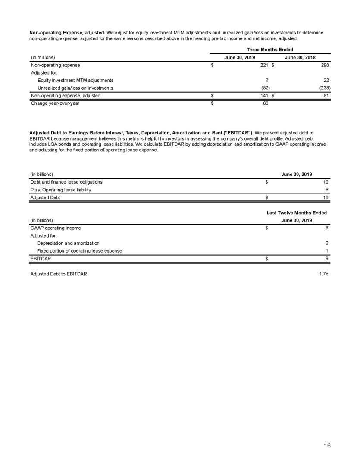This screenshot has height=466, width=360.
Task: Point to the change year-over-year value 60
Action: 266,103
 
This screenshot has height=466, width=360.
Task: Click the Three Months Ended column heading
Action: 270,50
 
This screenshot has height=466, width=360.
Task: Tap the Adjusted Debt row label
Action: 45,197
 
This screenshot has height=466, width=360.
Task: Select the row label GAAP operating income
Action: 55,228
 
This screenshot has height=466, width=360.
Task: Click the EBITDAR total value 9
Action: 327,259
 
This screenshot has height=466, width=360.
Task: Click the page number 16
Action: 327,446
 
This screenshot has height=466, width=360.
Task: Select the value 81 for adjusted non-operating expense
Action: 326,95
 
